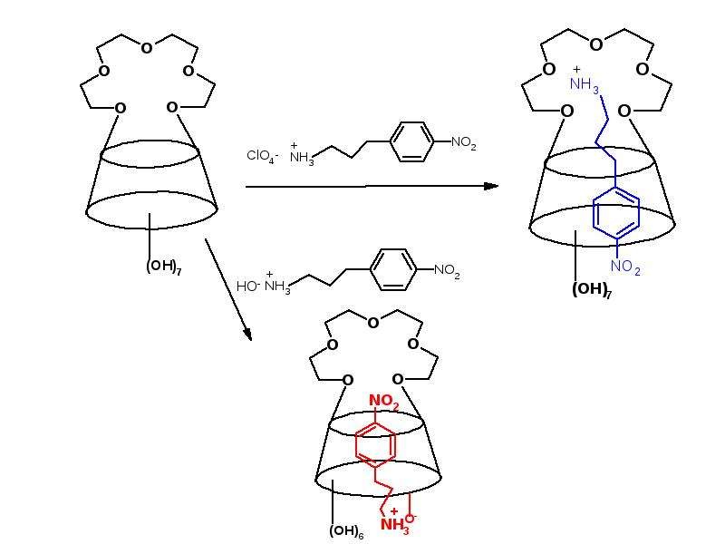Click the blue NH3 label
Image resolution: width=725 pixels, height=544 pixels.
(585, 84)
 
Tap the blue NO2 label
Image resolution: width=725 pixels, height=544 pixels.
(625, 267)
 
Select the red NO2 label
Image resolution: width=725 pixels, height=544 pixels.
(383, 402)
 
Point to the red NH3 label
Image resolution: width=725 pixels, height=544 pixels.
(395, 526)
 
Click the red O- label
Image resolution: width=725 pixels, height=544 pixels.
(411, 518)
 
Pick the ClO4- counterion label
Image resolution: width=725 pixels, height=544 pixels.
(262, 156)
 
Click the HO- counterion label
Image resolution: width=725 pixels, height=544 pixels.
(248, 287)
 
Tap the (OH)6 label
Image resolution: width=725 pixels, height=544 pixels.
(346, 531)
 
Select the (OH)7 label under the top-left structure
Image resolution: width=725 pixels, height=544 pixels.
(164, 267)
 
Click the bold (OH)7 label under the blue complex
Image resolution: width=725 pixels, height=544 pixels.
(592, 290)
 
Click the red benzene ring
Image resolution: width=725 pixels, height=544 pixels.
(375, 443)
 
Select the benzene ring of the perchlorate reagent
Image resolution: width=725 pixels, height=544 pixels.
(411, 141)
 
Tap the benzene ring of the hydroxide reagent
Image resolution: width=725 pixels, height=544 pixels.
(393, 269)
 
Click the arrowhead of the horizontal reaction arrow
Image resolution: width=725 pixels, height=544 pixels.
(491, 186)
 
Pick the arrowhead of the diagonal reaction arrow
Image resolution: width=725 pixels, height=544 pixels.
(248, 335)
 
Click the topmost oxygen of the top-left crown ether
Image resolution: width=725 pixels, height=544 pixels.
(147, 48)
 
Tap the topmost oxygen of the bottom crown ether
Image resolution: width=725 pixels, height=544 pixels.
(373, 323)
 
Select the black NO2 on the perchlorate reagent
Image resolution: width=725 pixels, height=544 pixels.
(463, 143)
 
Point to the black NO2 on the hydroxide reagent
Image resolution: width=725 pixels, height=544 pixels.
(447, 270)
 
